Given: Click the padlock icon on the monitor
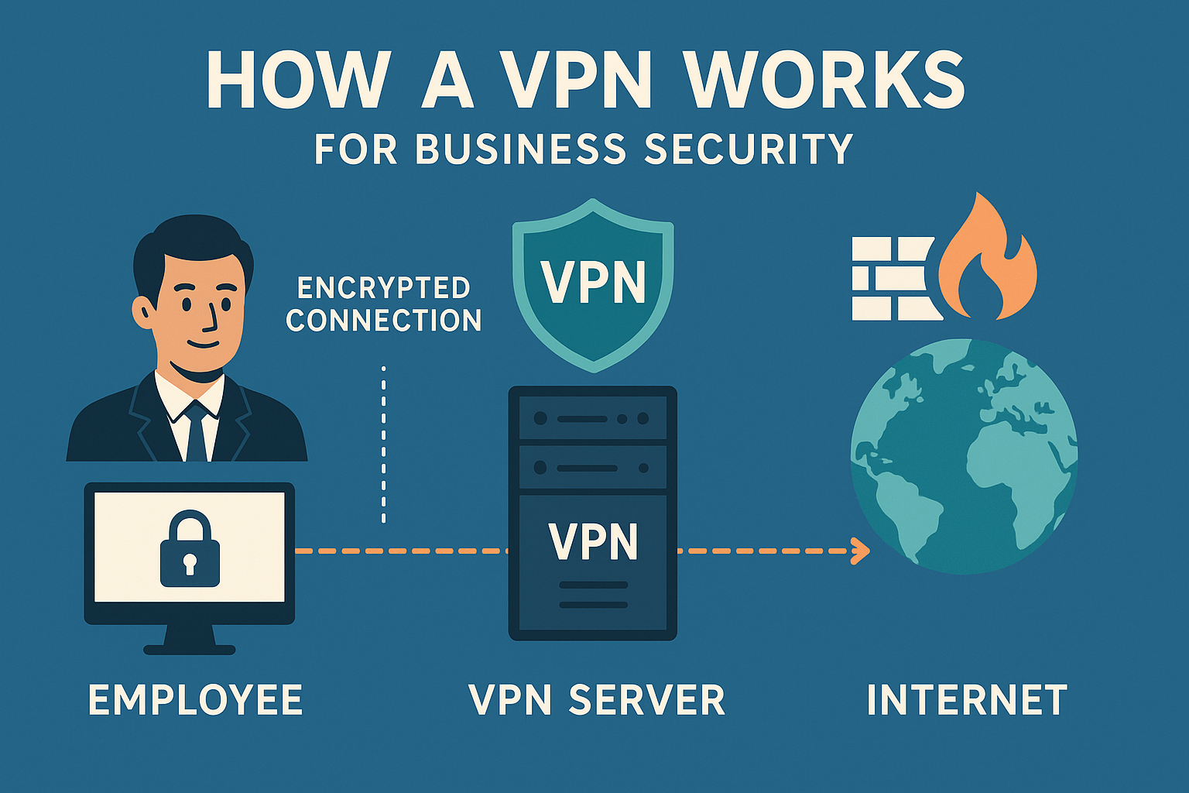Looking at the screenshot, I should [x=190, y=551].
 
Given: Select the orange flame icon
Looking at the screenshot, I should [x=987, y=259].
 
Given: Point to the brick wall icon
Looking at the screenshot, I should [x=893, y=279].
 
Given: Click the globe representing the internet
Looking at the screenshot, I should [x=964, y=457].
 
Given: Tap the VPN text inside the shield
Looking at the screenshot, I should [x=593, y=283].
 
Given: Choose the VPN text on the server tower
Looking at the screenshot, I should [x=593, y=541].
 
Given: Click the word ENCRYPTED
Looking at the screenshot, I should [x=384, y=288].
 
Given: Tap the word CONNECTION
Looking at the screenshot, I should [x=384, y=321].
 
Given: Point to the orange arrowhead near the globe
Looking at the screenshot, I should [x=859, y=551].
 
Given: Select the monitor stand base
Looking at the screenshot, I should [x=190, y=649].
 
